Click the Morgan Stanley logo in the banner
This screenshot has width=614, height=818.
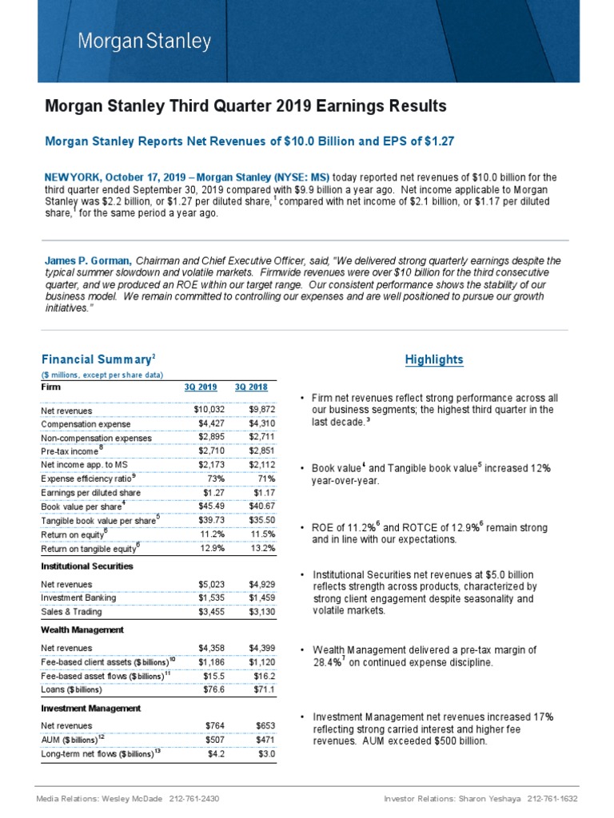[144, 41]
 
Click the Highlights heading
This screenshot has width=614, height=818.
[433, 359]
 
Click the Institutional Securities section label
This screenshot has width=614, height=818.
[87, 566]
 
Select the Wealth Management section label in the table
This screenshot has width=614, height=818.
[82, 629]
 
